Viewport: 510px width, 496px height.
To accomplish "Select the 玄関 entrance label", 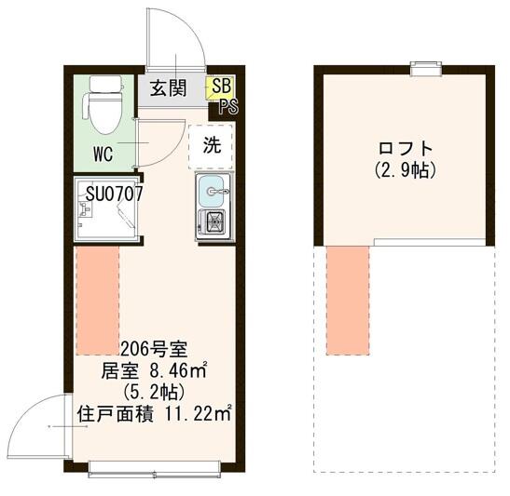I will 169,89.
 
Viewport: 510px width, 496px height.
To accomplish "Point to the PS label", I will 227,105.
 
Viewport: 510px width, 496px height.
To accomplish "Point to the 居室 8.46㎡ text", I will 154,370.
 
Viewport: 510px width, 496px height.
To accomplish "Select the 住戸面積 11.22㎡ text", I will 154,413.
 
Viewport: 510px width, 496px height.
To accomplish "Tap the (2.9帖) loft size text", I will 406,170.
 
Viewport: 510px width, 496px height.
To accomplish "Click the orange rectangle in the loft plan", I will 348,300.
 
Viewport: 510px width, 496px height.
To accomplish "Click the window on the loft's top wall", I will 426,66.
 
